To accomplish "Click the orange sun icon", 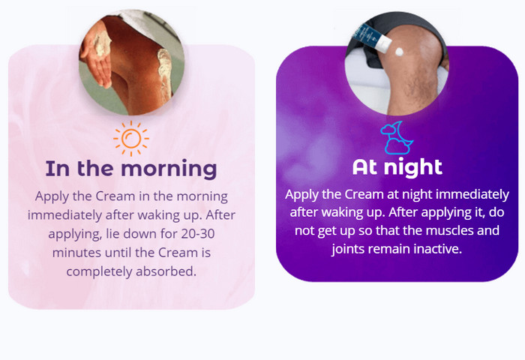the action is point(131,138).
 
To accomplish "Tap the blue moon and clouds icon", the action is point(397,138).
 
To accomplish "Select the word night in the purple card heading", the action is point(412,167).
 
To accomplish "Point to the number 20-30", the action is point(198,234).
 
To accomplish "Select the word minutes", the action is point(77,253).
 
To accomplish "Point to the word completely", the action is point(99,272).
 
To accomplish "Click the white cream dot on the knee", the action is point(399,52).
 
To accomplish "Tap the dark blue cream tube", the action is point(371,37).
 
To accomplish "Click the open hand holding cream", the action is point(97,58).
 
